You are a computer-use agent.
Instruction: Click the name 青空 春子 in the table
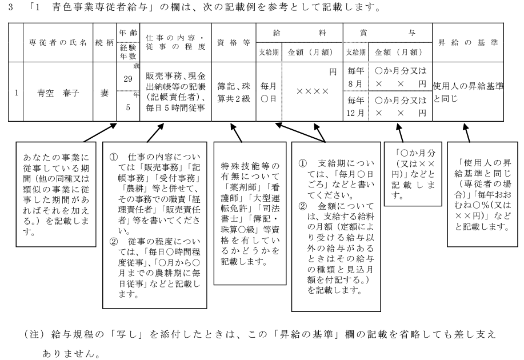58,91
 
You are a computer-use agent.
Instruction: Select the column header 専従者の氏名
58,43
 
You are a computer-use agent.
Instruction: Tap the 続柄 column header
105,43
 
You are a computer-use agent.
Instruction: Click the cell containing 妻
105,91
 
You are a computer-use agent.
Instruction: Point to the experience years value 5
128,107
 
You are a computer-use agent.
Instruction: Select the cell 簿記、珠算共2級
233,91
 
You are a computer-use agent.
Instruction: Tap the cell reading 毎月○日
269,91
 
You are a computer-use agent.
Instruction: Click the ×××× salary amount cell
312,91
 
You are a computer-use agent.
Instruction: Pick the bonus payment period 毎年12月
355,106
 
